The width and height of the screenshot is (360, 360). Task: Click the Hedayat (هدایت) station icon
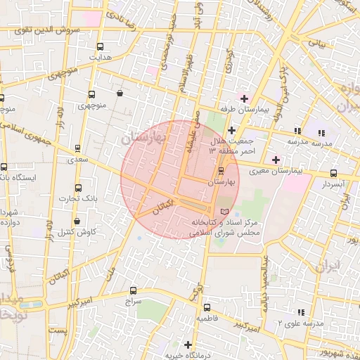[x=99, y=46]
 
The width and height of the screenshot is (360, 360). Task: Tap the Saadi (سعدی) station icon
[x=77, y=148]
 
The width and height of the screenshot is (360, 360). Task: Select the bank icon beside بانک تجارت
[x=78, y=188]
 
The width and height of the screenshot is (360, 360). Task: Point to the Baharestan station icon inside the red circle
[x=221, y=171]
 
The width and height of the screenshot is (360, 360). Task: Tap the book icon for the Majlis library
[x=224, y=212]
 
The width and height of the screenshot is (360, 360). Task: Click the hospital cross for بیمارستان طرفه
[x=244, y=98]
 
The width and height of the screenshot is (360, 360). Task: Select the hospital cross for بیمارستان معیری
[x=276, y=160]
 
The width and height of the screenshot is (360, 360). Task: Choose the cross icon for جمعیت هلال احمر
[x=232, y=130]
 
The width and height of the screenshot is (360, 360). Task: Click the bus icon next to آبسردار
[x=333, y=173]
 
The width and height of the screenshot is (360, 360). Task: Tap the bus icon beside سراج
[x=134, y=290]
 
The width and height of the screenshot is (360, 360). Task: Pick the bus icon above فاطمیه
[x=206, y=307]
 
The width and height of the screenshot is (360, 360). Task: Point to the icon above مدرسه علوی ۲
[x=301, y=312]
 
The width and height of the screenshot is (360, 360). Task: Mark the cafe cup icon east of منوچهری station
[x=120, y=93]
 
